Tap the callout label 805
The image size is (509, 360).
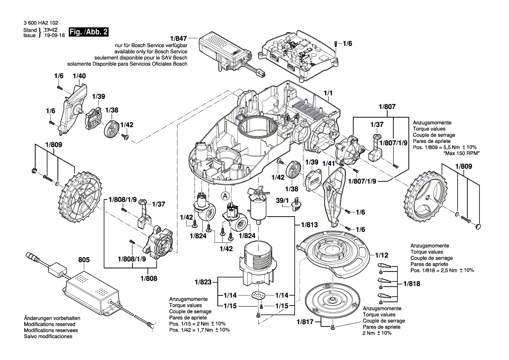pyautogui.click(x=84, y=260)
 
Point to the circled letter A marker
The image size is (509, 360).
pyautogui.click(x=226, y=196)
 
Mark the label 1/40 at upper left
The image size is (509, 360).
pyautogui.click(x=79, y=76)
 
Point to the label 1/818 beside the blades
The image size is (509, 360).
pyautogui.click(x=411, y=284)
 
